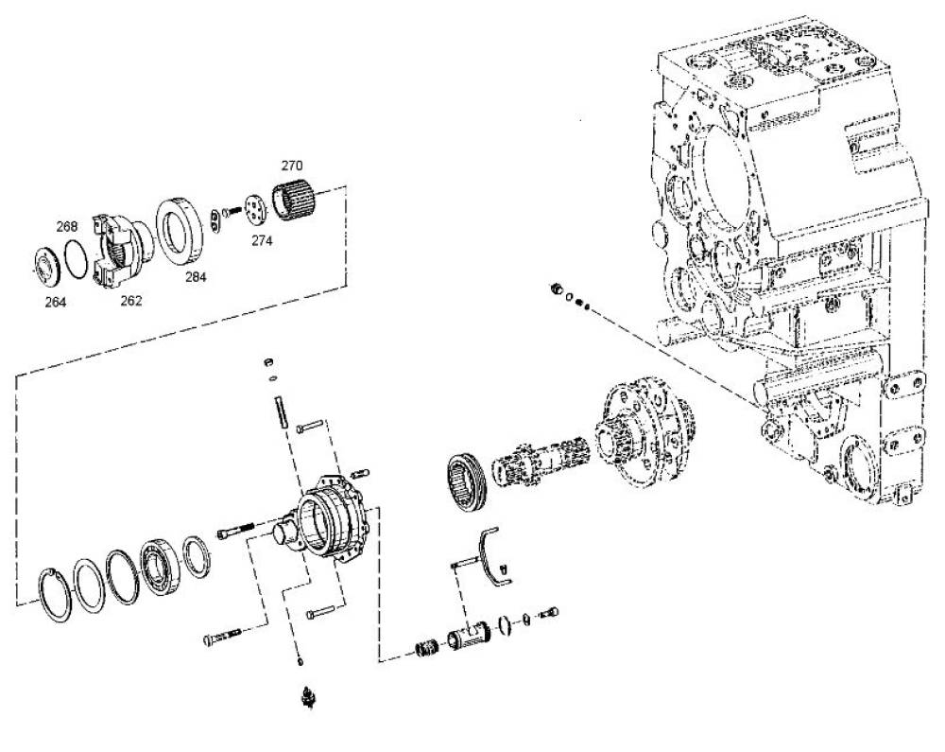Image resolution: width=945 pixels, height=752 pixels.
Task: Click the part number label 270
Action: (x=292, y=166)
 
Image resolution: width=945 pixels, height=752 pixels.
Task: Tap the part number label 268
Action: (x=67, y=226)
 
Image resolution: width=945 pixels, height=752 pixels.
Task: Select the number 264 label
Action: (x=56, y=302)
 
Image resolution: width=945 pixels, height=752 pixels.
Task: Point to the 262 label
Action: (x=131, y=300)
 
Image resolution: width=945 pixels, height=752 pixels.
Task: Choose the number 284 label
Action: (x=196, y=277)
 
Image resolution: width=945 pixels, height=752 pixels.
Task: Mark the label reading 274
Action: (x=262, y=240)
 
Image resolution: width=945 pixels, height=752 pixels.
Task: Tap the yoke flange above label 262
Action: (x=121, y=249)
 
